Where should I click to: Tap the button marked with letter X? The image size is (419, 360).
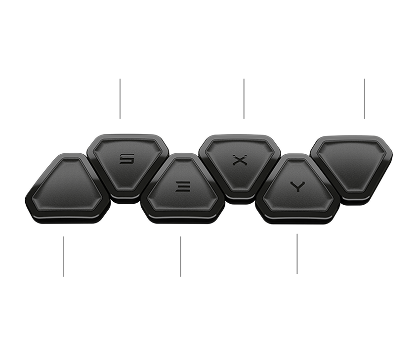239,160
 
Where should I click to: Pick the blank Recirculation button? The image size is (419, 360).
354,163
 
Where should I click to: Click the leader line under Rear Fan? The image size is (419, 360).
120,98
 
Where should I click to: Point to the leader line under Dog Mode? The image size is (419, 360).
244,98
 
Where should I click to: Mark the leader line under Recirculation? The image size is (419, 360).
365,98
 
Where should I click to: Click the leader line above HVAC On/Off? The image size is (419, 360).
64,256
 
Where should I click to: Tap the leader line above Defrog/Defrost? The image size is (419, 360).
180,256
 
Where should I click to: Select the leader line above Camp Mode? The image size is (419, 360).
297,253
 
